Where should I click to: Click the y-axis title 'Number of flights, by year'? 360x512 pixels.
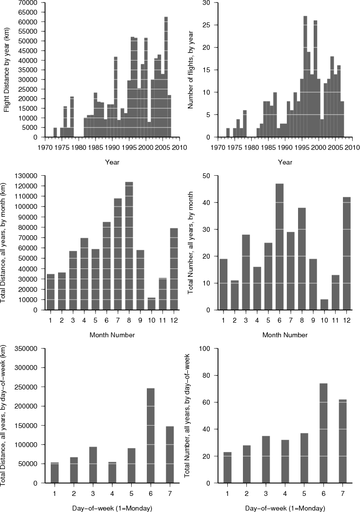[x=192, y=70]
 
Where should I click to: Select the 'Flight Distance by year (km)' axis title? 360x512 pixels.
[x=7, y=70]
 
